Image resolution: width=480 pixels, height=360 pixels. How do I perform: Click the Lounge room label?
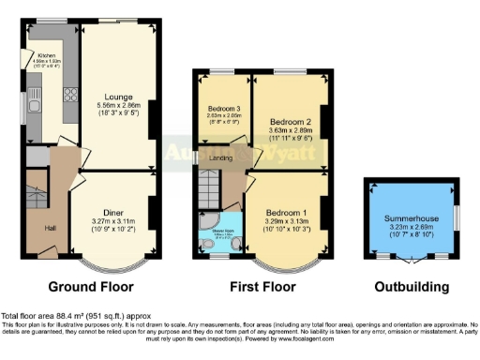pos(118,97)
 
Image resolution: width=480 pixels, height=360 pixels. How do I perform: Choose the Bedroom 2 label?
pos(290,122)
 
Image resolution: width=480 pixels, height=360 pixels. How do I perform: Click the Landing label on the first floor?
pos(220,157)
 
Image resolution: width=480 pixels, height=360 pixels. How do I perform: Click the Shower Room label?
pos(223,230)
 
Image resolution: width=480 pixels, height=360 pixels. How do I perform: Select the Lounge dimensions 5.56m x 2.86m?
pos(118,106)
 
